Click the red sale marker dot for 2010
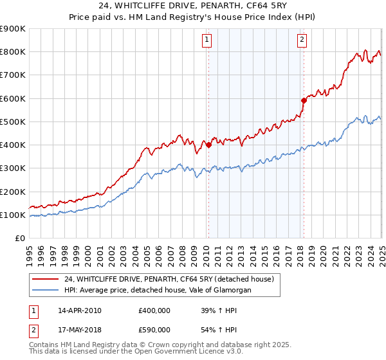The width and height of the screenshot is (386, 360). (208, 145)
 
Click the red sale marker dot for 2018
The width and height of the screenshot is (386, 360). (304, 100)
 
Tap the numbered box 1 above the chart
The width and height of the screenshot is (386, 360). (207, 40)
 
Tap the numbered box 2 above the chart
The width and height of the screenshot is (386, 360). (302, 40)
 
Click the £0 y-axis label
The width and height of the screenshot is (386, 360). (20, 239)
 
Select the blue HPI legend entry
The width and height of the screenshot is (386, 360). (158, 290)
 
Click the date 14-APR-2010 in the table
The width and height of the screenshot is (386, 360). (79, 310)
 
